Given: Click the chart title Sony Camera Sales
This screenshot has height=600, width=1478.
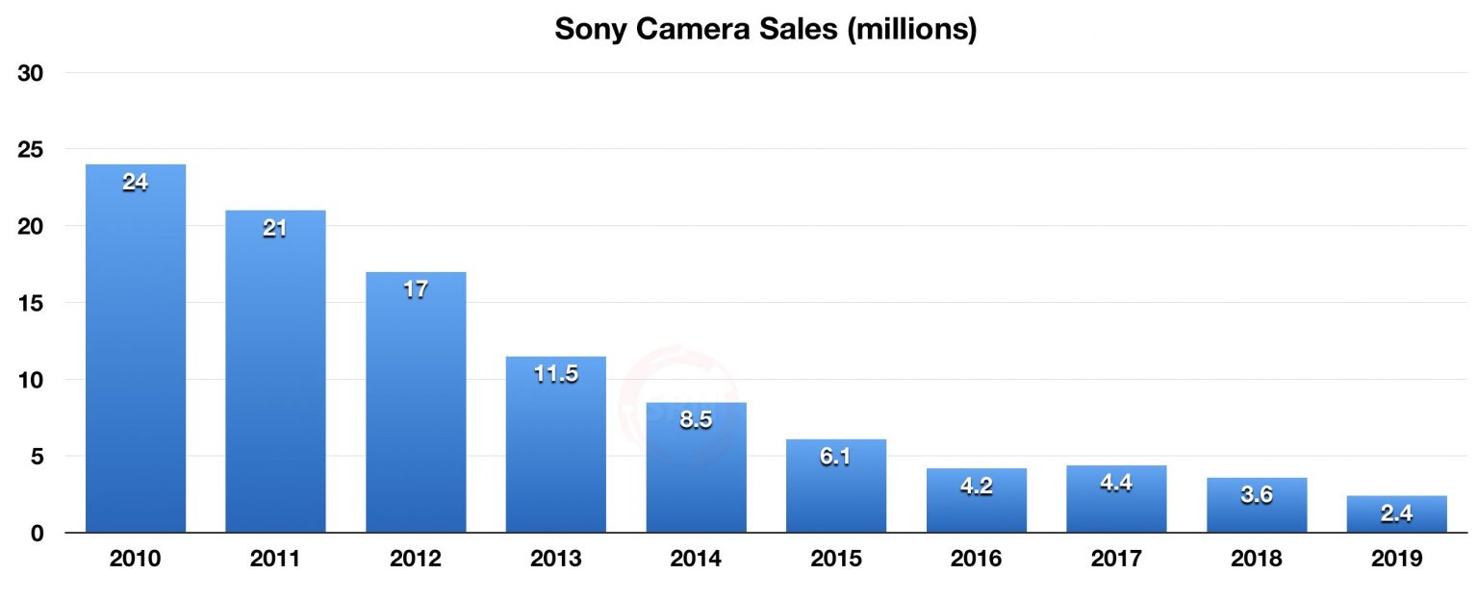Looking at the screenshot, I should tap(765, 30).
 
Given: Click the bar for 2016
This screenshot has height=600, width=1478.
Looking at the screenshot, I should tap(976, 505).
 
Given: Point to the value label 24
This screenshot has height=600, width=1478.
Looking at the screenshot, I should tap(136, 182).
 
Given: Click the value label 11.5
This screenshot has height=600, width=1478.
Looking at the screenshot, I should tap(556, 374).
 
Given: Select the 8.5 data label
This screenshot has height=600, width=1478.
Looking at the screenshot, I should tap(696, 420).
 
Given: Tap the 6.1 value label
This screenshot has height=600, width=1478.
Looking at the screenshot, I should tap(836, 457).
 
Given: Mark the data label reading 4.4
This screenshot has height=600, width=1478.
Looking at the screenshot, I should tap(1116, 483).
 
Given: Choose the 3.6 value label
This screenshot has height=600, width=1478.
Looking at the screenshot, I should tap(1256, 495).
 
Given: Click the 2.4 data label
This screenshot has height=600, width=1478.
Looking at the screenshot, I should tap(1396, 513).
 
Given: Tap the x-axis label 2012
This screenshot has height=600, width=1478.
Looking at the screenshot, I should tap(416, 559).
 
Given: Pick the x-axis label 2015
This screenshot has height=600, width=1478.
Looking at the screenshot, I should tap(836, 559).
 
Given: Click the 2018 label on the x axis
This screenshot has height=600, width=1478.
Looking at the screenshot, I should tap(1256, 559).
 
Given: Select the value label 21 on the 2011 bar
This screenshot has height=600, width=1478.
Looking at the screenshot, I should tap(275, 229).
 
